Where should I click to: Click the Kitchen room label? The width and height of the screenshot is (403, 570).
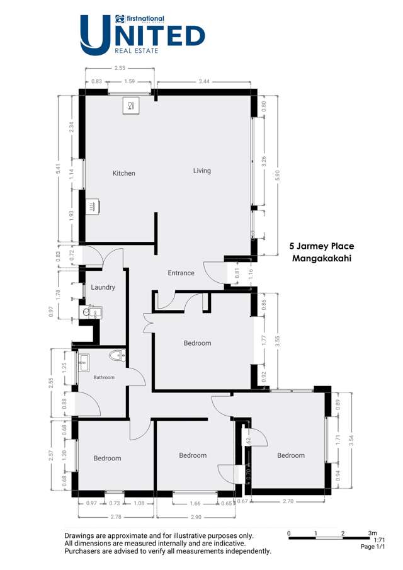tap(124, 173)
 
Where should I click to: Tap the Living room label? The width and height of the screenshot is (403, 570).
tap(202, 171)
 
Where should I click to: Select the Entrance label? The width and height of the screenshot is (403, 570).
tap(181, 273)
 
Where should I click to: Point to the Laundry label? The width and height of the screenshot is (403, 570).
tap(103, 287)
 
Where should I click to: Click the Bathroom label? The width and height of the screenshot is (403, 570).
tap(105, 377)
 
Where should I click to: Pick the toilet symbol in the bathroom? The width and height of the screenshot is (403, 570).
tap(115, 356)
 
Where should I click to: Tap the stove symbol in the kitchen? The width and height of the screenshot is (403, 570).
tap(93, 205)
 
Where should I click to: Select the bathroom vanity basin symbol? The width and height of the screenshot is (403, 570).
tap(84, 361)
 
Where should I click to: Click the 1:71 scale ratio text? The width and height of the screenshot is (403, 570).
tap(380, 540)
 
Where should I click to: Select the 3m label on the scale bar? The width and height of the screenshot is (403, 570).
tap(372, 533)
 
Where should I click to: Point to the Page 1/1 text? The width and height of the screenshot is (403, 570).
tap(374, 547)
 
